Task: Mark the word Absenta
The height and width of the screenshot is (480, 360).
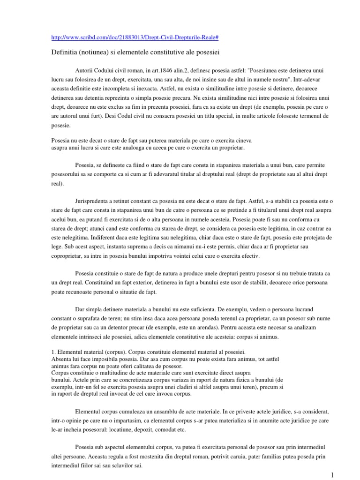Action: [x=61, y=359]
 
